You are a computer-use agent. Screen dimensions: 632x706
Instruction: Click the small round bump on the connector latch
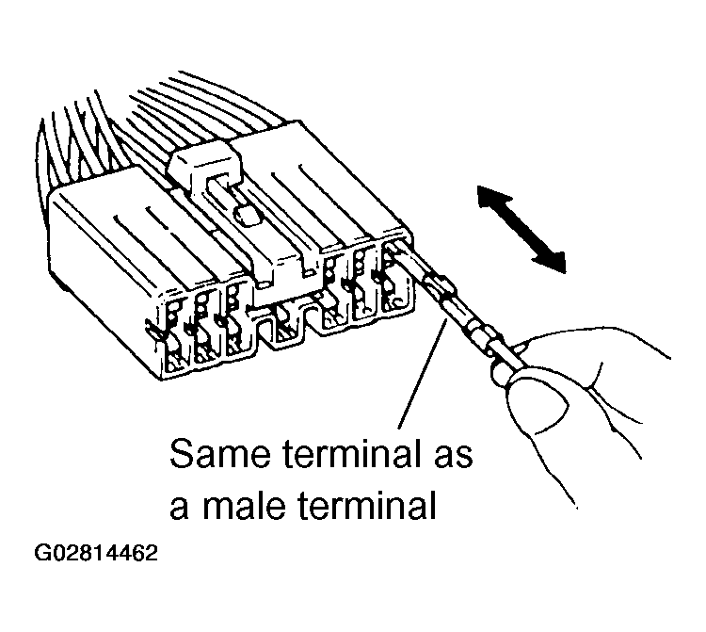(247, 216)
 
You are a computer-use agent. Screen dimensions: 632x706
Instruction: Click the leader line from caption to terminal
(423, 377)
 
